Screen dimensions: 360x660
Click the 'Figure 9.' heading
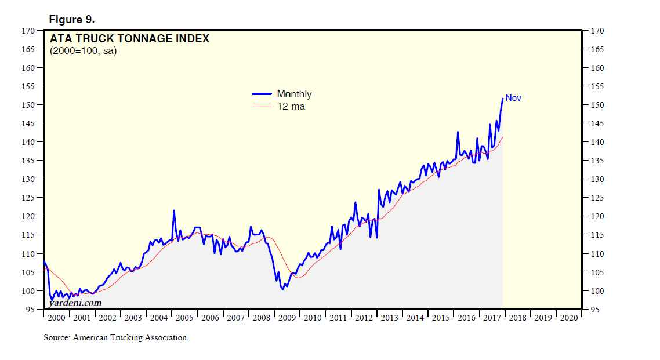pyautogui.click(x=71, y=20)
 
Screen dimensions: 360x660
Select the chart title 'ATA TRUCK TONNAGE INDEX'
pyautogui.click(x=129, y=39)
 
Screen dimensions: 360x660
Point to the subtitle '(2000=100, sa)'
pyautogui.click(x=83, y=51)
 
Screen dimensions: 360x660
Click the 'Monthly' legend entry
pyautogui.click(x=294, y=94)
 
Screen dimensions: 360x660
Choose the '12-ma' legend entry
pyautogui.click(x=291, y=106)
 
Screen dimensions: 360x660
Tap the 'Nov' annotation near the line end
pyautogui.click(x=513, y=98)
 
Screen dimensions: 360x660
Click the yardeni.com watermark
pyautogui.click(x=75, y=303)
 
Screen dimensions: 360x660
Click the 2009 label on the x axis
pyautogui.click(x=287, y=318)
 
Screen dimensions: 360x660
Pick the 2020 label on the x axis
pyautogui.click(x=568, y=318)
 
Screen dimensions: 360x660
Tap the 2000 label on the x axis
pyautogui.click(x=56, y=318)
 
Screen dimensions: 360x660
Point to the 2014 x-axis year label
pyautogui.click(x=415, y=318)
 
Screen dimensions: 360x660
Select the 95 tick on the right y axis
pyautogui.click(x=595, y=310)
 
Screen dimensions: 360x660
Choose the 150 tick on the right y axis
pyautogui.click(x=597, y=105)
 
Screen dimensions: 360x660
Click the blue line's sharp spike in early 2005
pyautogui.click(x=174, y=210)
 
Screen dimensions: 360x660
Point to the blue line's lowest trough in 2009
pyautogui.click(x=282, y=289)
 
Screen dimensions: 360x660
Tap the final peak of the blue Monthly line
pyautogui.click(x=502, y=99)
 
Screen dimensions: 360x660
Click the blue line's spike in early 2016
pyautogui.click(x=458, y=133)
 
